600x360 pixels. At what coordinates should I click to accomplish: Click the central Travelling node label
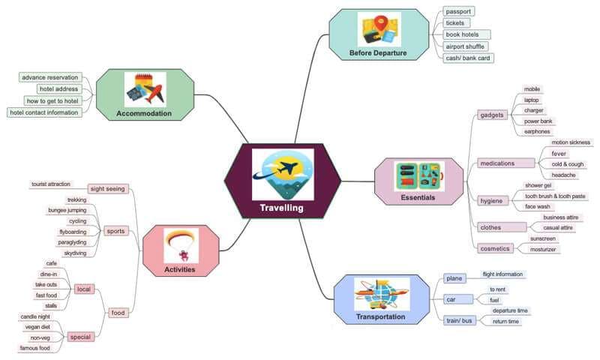281,208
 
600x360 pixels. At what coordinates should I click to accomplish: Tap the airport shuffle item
465,46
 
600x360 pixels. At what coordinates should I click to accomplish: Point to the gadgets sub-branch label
492,115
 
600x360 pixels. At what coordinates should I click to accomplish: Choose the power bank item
538,121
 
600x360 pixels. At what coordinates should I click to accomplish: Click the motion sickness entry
571,142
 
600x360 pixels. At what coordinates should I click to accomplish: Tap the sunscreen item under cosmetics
543,238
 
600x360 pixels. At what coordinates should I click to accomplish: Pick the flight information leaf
502,274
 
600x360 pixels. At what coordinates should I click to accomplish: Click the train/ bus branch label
459,320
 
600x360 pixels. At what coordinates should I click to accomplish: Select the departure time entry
510,310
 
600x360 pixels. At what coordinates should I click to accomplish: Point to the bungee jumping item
67,211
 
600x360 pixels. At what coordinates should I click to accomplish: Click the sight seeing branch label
107,189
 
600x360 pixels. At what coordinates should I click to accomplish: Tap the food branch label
118,312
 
